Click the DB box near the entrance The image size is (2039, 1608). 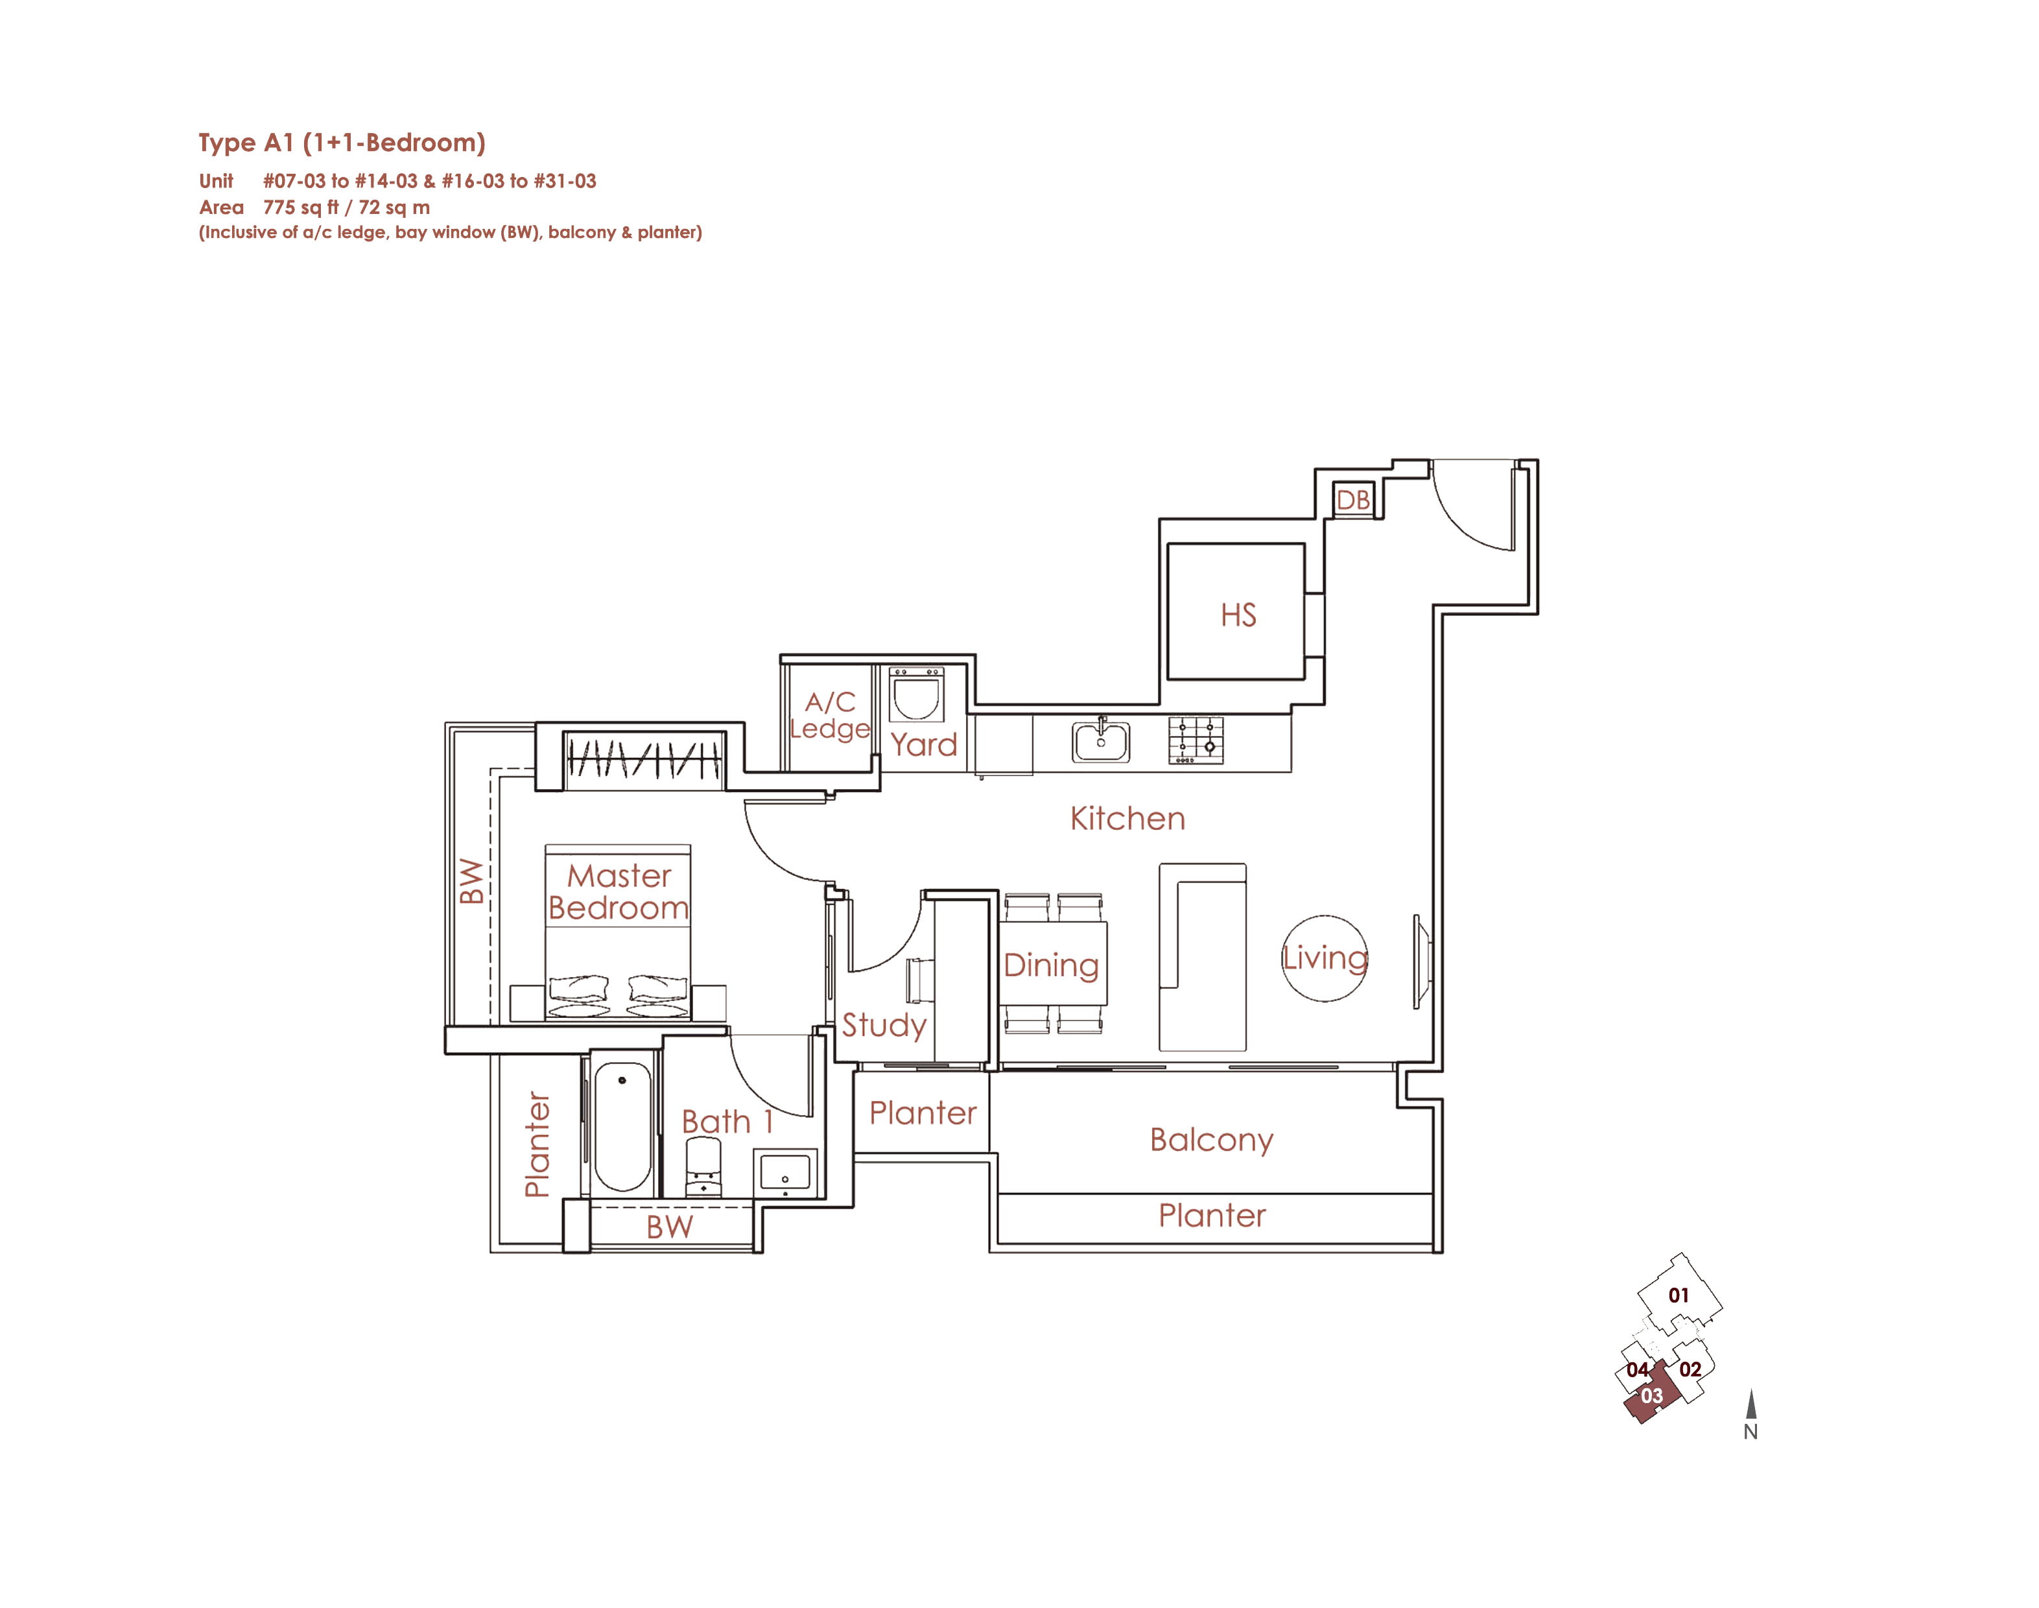[1354, 499]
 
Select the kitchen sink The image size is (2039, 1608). [1100, 741]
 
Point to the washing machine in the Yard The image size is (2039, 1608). [916, 696]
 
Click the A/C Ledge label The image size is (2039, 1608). [829, 716]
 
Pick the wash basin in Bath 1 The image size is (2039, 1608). [785, 1173]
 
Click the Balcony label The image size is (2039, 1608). [1212, 1140]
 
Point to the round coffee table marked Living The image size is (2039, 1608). [1325, 958]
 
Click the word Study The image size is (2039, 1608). [884, 1025]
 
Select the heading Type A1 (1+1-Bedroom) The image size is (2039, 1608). [342, 143]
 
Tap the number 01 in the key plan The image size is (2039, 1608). [1679, 1295]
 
